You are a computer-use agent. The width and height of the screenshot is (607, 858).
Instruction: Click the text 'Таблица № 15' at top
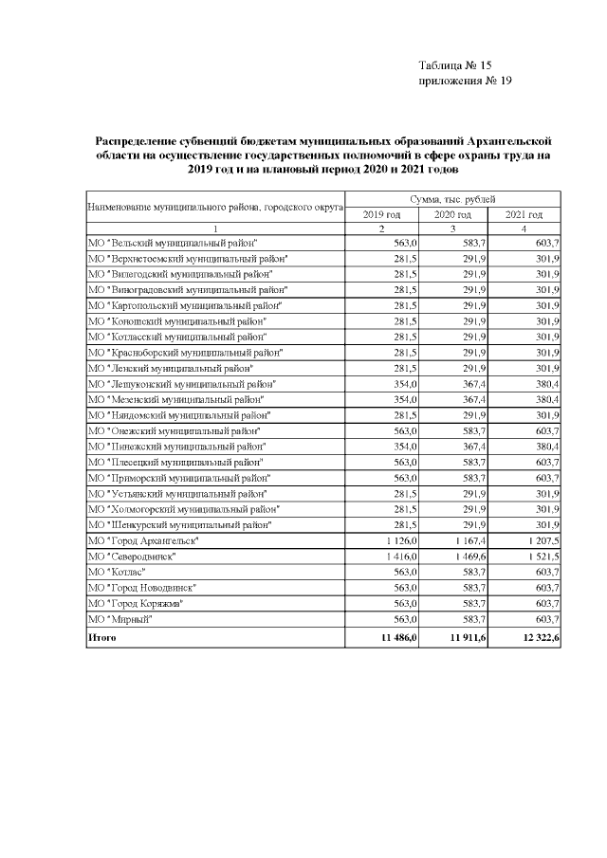pos(454,65)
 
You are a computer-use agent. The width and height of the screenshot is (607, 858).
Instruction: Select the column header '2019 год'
pos(381,215)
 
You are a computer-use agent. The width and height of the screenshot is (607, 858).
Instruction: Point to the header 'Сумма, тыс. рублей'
pos(452,200)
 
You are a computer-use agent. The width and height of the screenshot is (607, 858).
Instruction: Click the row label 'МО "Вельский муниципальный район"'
pos(174,243)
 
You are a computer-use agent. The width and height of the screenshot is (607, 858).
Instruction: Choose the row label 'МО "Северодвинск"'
pos(132,556)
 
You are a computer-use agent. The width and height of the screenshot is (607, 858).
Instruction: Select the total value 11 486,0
pos(387,639)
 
